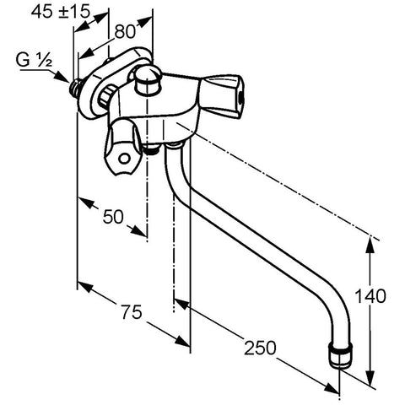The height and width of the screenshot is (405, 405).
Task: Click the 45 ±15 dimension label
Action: click(x=61, y=12)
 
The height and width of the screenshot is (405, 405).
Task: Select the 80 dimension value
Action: click(x=125, y=32)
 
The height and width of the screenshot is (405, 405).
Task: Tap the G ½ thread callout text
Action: click(x=34, y=60)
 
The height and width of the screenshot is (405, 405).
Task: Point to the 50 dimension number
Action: click(x=113, y=217)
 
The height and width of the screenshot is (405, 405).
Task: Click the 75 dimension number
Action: click(x=132, y=312)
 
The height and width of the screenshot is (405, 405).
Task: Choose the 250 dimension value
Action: click(x=260, y=348)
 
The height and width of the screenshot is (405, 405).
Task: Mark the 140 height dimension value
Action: click(x=370, y=296)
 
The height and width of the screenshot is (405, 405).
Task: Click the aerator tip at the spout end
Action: click(x=341, y=355)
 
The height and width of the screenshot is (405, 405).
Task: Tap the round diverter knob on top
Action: click(x=148, y=78)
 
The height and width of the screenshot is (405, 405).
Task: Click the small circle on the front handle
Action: click(x=124, y=159)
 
